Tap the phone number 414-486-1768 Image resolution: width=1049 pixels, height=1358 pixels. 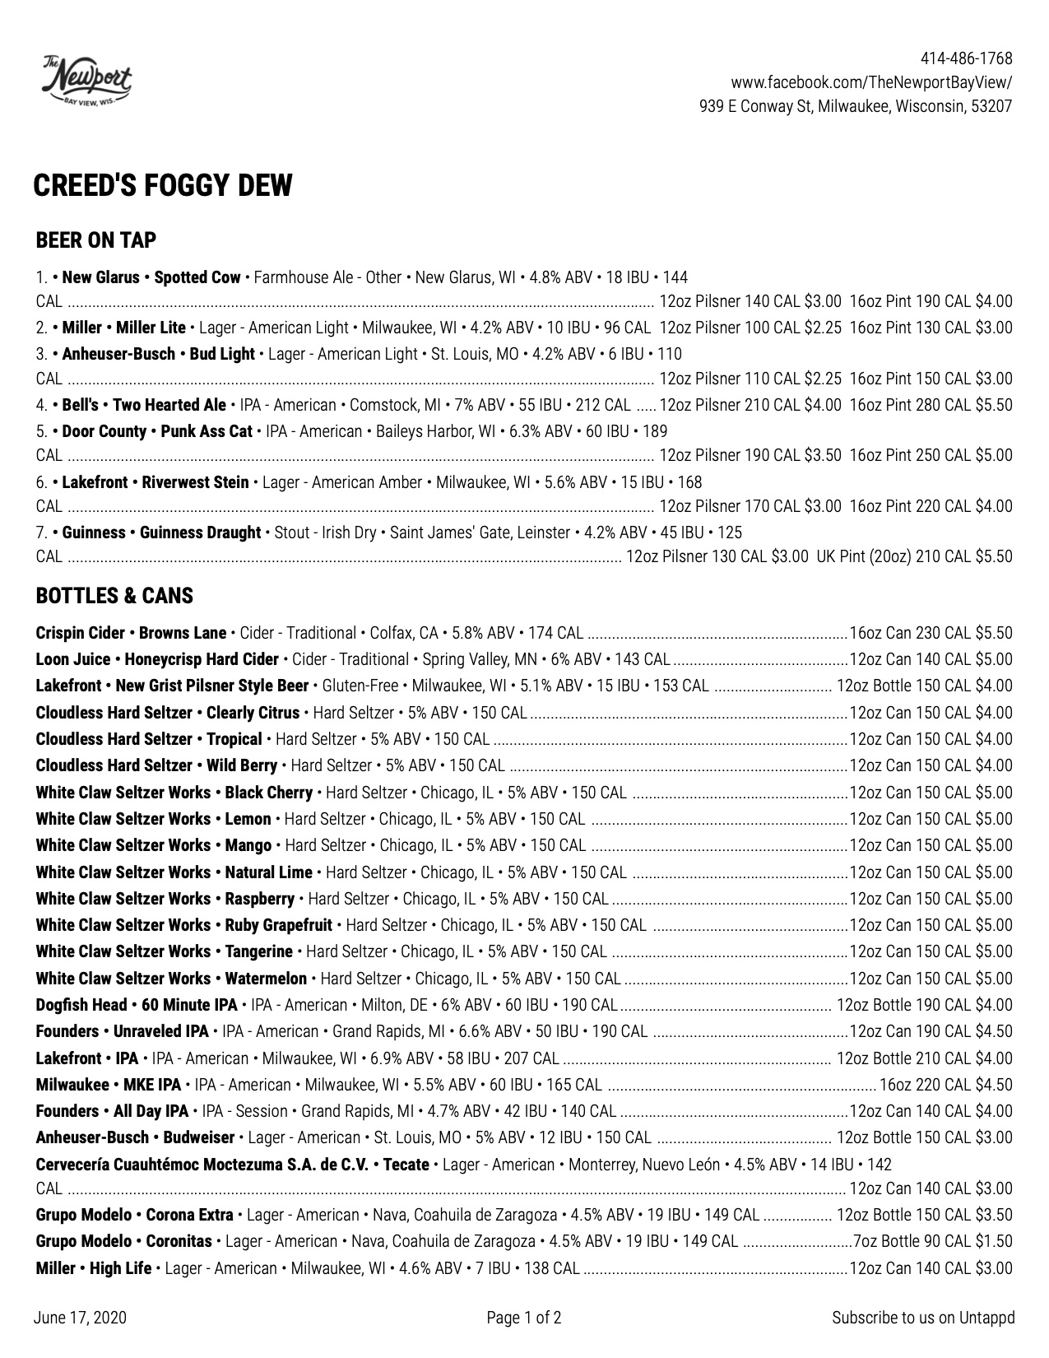(966, 58)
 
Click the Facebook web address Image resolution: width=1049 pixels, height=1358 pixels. (871, 82)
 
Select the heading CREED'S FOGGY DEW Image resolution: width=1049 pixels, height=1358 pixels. (163, 186)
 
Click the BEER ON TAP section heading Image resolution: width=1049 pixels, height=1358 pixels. (96, 240)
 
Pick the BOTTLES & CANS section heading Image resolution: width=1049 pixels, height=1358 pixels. (114, 596)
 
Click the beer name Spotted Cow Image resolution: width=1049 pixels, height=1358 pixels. (197, 277)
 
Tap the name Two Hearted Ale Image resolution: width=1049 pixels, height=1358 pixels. (169, 405)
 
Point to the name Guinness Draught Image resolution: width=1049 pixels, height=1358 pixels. (200, 533)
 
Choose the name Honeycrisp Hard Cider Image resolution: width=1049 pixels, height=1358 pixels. (202, 659)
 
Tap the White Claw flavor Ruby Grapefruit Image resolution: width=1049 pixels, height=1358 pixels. (279, 925)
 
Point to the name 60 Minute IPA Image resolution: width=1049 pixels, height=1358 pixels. (189, 1005)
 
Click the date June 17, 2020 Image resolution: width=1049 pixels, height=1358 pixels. (81, 1318)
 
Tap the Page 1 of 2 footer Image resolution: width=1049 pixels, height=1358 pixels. (524, 1318)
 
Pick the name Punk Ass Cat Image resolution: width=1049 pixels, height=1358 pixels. (207, 431)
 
